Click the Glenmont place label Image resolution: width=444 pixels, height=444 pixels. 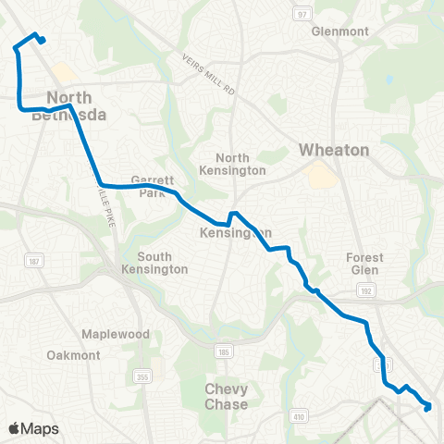(x=340, y=31)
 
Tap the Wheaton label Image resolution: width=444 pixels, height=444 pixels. (x=334, y=150)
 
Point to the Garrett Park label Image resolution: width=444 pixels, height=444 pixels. (x=147, y=187)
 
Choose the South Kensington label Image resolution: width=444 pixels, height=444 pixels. (x=162, y=263)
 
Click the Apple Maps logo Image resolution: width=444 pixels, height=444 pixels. (x=33, y=428)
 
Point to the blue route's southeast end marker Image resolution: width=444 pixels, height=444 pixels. (x=427, y=406)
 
